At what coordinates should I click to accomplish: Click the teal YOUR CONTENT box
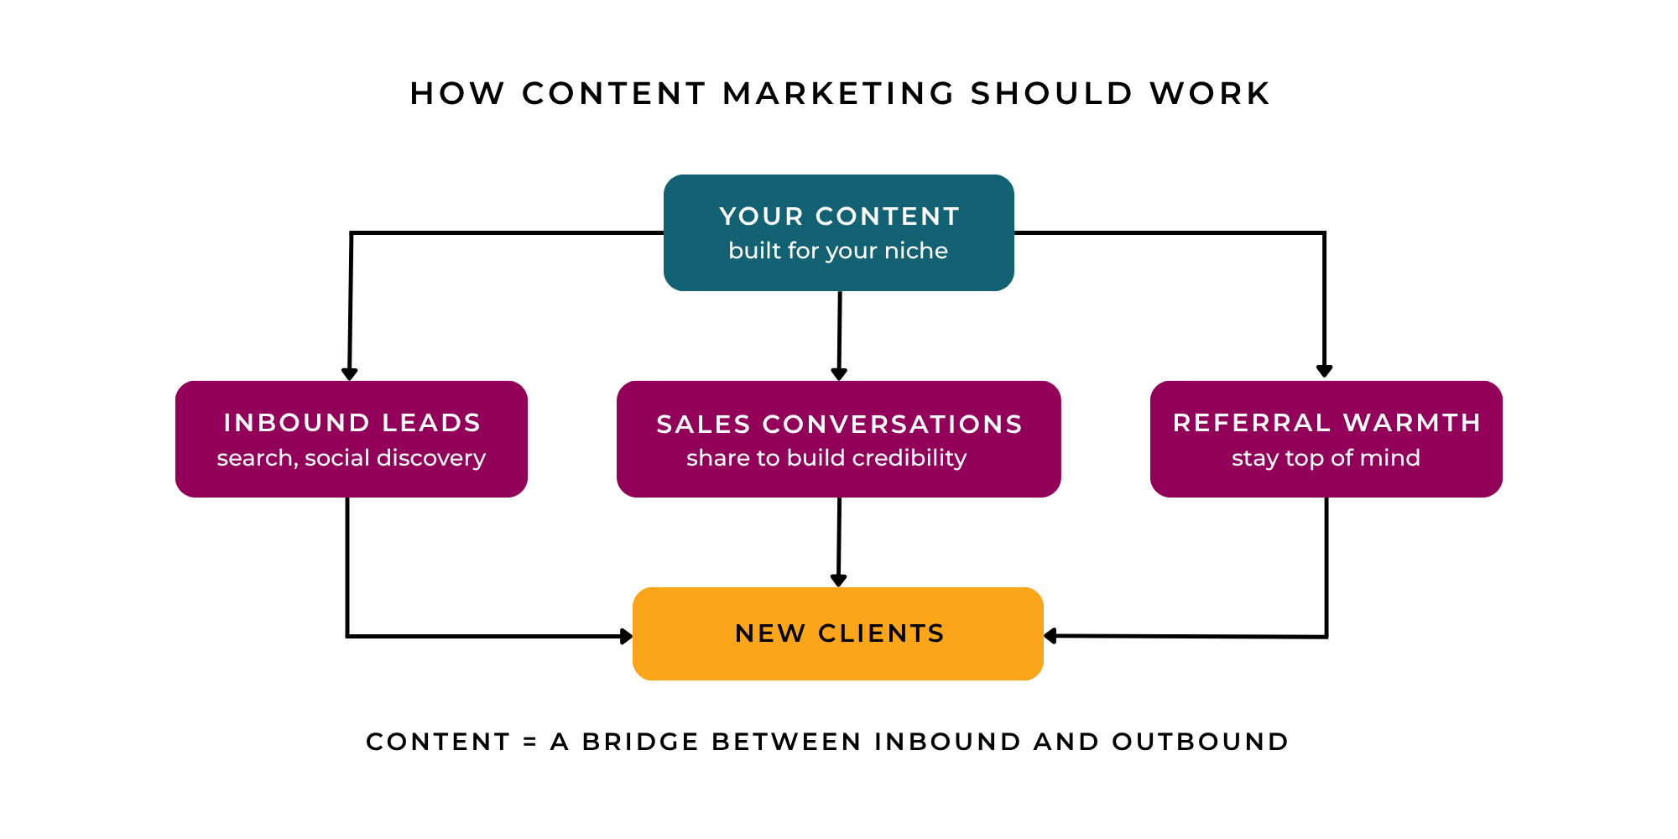point(839,232)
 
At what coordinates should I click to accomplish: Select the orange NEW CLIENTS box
point(838,633)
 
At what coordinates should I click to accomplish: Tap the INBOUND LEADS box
point(352,439)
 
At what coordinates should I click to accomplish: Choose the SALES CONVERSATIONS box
point(839,439)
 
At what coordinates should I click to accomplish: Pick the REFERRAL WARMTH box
point(1326,439)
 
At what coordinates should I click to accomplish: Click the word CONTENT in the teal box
point(888,216)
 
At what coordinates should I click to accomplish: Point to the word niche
point(916,251)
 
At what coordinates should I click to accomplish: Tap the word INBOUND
point(296,423)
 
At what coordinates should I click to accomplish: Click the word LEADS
point(431,423)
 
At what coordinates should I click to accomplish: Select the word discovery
point(431,458)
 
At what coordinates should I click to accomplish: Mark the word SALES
point(703,425)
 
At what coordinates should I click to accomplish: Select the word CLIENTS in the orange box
point(882,633)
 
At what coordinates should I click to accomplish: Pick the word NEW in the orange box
point(770,633)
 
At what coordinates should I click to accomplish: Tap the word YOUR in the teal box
point(762,216)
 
